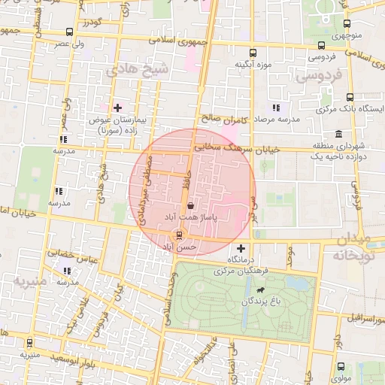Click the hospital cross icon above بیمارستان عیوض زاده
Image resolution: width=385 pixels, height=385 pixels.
click(x=117, y=108)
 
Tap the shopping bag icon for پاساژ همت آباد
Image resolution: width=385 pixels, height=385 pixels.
click(x=189, y=205)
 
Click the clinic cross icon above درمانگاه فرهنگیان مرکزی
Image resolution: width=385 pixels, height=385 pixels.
click(x=241, y=248)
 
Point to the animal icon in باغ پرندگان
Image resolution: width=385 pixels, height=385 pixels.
click(x=260, y=290)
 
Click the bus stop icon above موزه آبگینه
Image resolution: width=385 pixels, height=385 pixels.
click(x=253, y=53)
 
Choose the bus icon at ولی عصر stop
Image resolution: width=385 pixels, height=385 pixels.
click(x=70, y=32)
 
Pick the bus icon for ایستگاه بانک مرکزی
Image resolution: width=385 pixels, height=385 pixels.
click(x=349, y=96)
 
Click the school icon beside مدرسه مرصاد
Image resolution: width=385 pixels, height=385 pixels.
click(x=276, y=108)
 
